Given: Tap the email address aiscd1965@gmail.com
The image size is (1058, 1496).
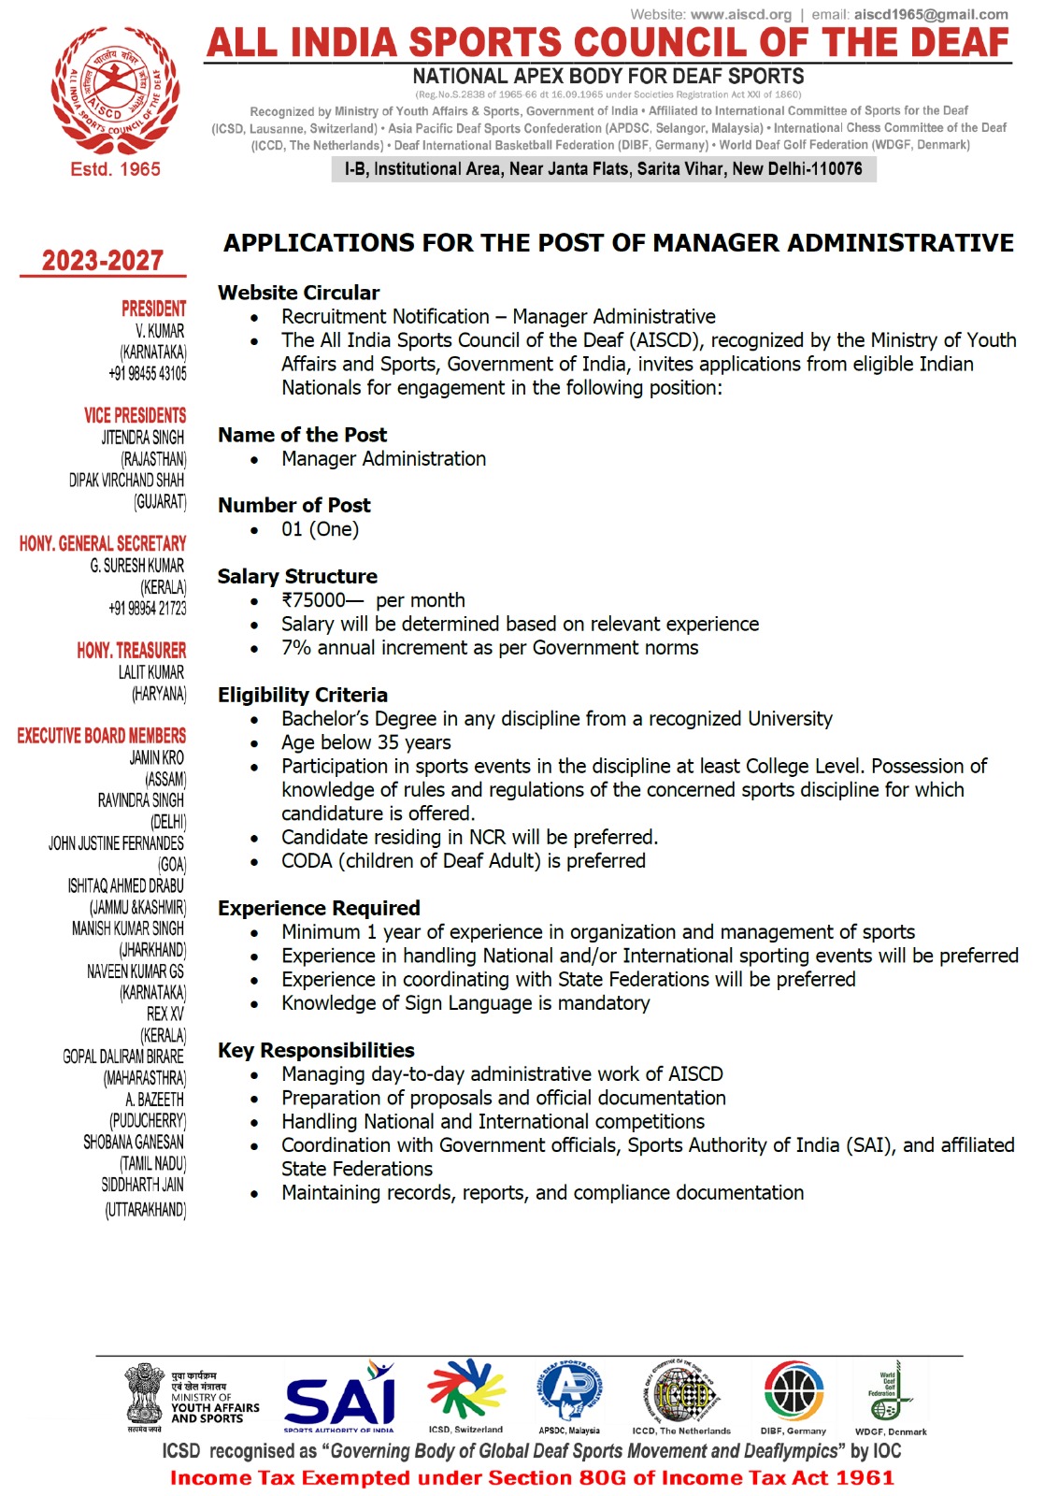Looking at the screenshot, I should (x=931, y=14).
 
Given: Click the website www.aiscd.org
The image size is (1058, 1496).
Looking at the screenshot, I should (x=741, y=14).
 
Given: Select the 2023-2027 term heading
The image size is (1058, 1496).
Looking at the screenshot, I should (x=103, y=261).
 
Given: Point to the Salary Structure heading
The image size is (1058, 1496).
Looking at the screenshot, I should (x=297, y=576).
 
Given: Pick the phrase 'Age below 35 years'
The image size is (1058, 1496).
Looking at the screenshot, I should (x=366, y=742).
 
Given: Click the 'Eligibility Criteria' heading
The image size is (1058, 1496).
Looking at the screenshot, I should (x=303, y=695).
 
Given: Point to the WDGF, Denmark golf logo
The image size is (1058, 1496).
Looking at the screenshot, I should (x=889, y=1392).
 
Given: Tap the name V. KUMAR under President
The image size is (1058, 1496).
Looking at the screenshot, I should (x=160, y=331).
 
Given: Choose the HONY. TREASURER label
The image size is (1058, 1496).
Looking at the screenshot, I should (x=132, y=650).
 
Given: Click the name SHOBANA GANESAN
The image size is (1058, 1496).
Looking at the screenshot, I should (x=134, y=1142).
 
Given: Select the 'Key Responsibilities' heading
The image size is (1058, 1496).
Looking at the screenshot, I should (x=316, y=1050).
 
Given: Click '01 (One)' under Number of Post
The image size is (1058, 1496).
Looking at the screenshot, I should (x=320, y=529).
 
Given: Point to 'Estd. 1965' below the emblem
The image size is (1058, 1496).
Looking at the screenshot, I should (x=115, y=169).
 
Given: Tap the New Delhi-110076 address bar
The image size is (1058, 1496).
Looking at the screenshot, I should (x=603, y=169).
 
